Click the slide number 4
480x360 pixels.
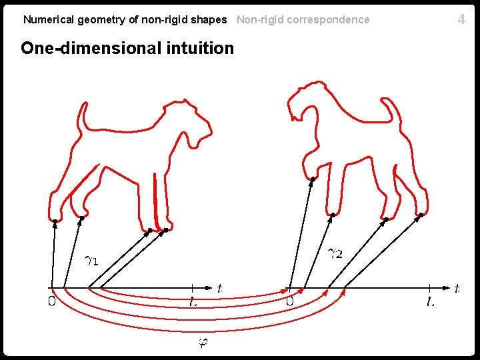[461, 19]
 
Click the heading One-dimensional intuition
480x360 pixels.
[127, 48]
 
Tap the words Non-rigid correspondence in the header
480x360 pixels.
[303, 19]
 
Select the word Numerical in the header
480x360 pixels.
[49, 19]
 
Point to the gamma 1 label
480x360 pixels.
[91, 259]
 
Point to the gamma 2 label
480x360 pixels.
[336, 253]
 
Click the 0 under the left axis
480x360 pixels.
[51, 302]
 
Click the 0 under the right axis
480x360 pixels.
[289, 302]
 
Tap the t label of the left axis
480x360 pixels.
[219, 289]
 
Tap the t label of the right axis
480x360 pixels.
[457, 289]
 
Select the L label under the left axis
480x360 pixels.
[193, 302]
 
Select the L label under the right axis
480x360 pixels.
[431, 302]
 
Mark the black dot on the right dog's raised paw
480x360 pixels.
[313, 179]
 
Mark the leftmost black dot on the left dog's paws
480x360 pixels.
[55, 221]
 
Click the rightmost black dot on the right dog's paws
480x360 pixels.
[421, 215]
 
